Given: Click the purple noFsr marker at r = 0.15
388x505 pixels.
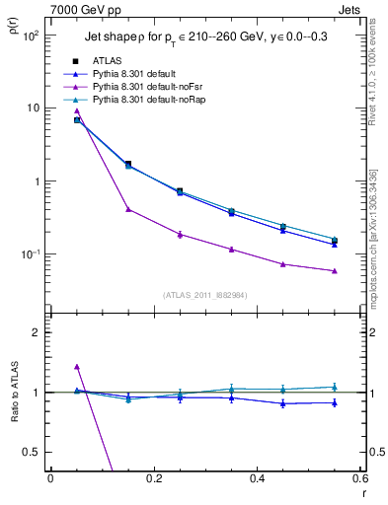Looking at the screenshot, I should coord(128,209).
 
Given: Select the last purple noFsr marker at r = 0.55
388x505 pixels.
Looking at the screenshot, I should coord(335,271).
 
